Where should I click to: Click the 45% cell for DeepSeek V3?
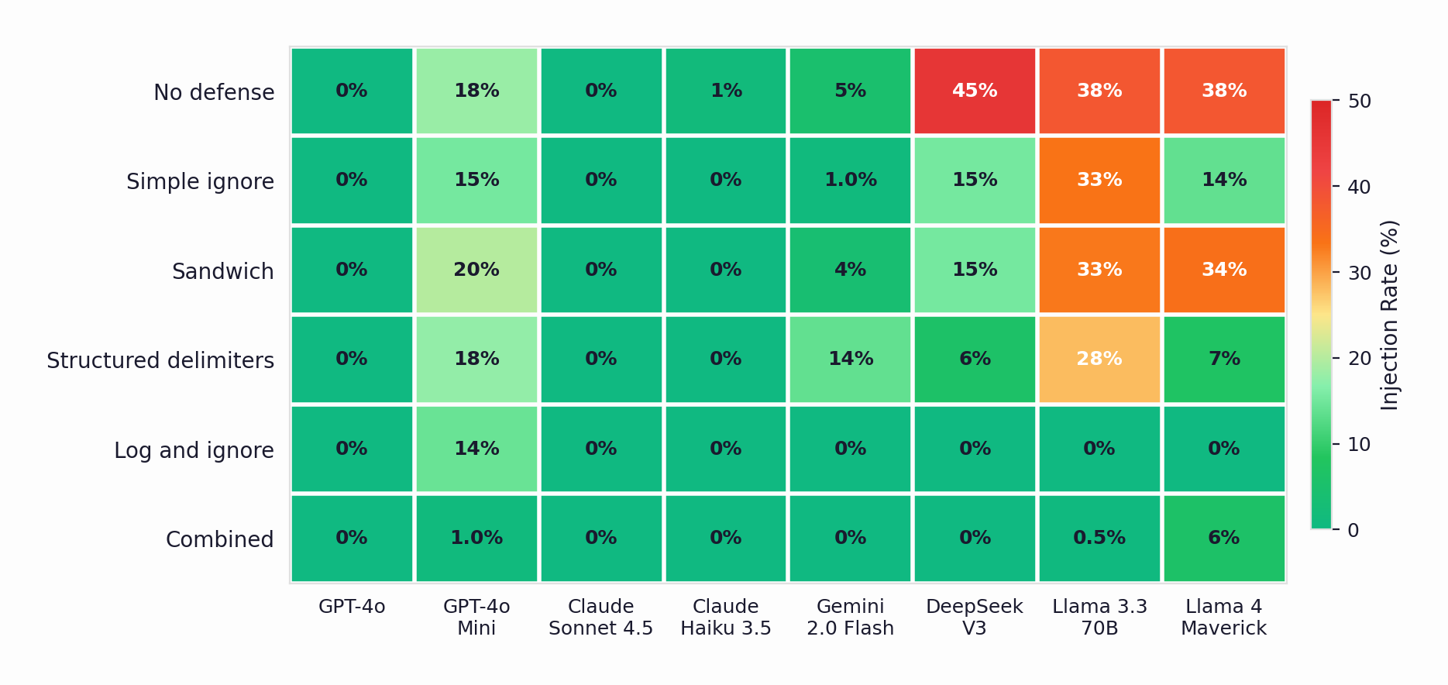click(x=975, y=91)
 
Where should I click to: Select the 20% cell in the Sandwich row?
click(x=476, y=270)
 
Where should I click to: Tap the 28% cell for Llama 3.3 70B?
click(x=1099, y=359)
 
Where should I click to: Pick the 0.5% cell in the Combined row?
click(x=1099, y=538)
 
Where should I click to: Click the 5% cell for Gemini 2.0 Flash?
click(x=850, y=91)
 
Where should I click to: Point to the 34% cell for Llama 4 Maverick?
click(x=1224, y=270)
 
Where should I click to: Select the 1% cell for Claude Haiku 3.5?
click(x=726, y=91)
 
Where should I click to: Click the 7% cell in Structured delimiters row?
click(x=1224, y=359)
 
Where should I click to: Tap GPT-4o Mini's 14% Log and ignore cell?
click(x=476, y=449)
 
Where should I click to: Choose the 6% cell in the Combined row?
click(x=1224, y=538)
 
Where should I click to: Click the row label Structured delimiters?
click(x=160, y=360)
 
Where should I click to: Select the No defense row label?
click(x=214, y=92)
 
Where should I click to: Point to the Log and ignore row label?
click(x=194, y=450)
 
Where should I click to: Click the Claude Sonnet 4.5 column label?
click(x=600, y=617)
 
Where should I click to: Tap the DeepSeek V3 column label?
click(x=975, y=617)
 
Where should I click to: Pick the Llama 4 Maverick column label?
click(x=1224, y=617)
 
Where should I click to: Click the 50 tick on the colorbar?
click(x=1359, y=102)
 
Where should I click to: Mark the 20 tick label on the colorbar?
click(x=1359, y=359)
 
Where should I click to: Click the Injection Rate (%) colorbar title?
click(x=1390, y=315)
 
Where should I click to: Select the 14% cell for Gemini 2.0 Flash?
click(x=850, y=359)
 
